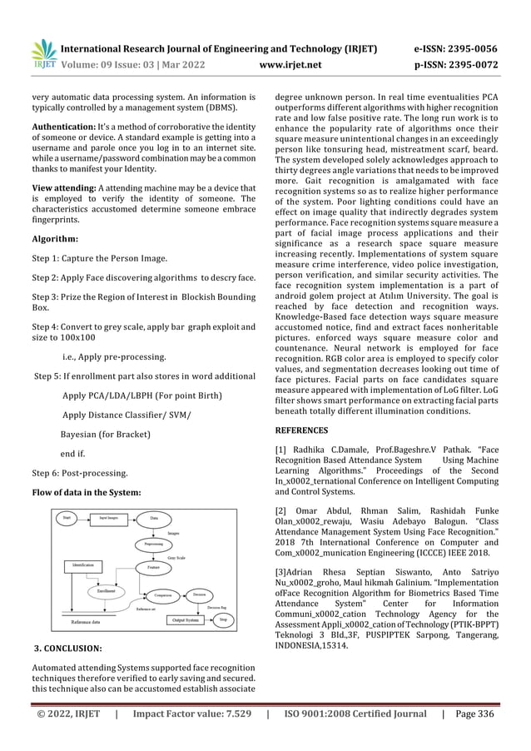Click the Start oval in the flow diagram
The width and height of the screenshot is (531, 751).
(67, 518)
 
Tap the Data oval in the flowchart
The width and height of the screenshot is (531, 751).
(155, 518)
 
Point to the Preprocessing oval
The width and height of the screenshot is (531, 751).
(153, 544)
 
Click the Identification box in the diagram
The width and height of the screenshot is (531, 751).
(82, 566)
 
